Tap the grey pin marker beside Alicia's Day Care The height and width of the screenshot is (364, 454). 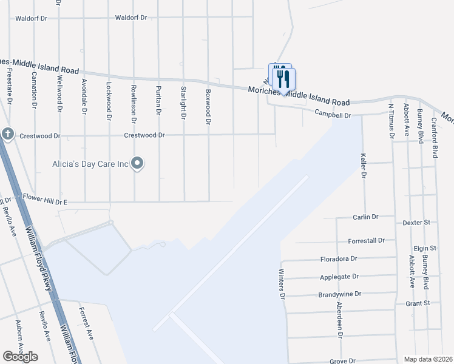tap(137, 163)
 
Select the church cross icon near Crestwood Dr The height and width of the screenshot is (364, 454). tap(7, 134)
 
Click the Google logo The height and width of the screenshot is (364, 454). tap(20, 357)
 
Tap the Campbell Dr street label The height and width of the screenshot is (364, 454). tap(333, 113)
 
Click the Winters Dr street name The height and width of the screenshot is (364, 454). tap(282, 284)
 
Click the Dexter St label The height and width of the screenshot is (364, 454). tap(418, 223)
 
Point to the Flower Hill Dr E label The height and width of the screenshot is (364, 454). tap(44, 197)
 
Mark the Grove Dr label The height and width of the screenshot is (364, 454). tap(342, 361)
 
